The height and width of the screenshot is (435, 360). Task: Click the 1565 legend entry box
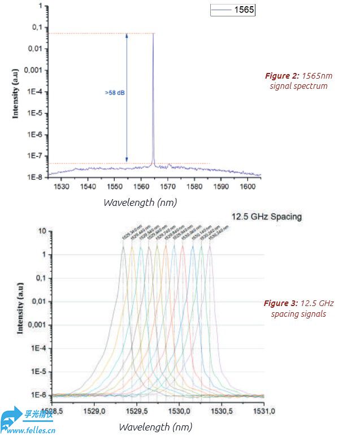[233, 10]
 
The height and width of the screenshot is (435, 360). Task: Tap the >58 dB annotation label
[115, 93]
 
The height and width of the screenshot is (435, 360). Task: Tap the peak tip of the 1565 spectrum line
[153, 34]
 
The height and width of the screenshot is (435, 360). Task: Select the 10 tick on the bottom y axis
[42, 231]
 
